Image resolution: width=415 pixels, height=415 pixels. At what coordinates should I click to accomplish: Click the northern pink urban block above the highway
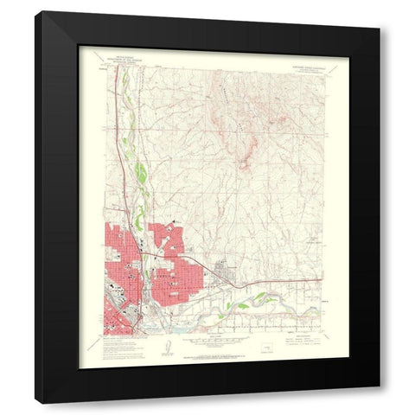[164, 238]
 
